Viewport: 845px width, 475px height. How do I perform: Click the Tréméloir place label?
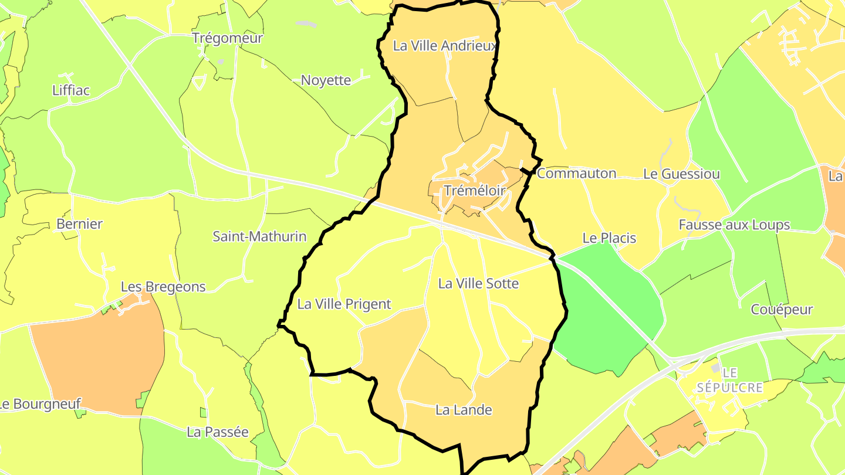pos(467,191)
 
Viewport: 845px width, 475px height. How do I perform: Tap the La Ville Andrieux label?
pos(445,46)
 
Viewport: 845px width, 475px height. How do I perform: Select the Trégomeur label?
pos(228,38)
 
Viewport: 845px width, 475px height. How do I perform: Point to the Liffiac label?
pos(71,90)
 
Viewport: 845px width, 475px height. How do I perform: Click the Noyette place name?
pos(326,80)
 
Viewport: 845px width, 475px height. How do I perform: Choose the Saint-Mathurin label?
pos(259,237)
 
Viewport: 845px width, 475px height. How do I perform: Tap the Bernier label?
pos(79,224)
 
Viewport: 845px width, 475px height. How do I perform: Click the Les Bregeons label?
pos(163,287)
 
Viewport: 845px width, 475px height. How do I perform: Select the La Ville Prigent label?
pos(344,304)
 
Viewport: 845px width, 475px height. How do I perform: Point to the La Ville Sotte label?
pos(479,284)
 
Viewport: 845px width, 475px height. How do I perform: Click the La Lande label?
pos(464,410)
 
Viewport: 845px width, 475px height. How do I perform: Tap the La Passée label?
pos(218,432)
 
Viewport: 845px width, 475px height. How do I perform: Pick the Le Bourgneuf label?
pos(40,404)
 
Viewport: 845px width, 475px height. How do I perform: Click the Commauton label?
pos(576,174)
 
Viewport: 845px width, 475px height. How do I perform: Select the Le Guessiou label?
pos(681,174)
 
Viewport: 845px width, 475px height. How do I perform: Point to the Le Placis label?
pos(609,238)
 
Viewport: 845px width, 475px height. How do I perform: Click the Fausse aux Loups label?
pos(734,225)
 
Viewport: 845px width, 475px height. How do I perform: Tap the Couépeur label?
pos(782,310)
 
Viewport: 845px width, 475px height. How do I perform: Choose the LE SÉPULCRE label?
pos(730,380)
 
